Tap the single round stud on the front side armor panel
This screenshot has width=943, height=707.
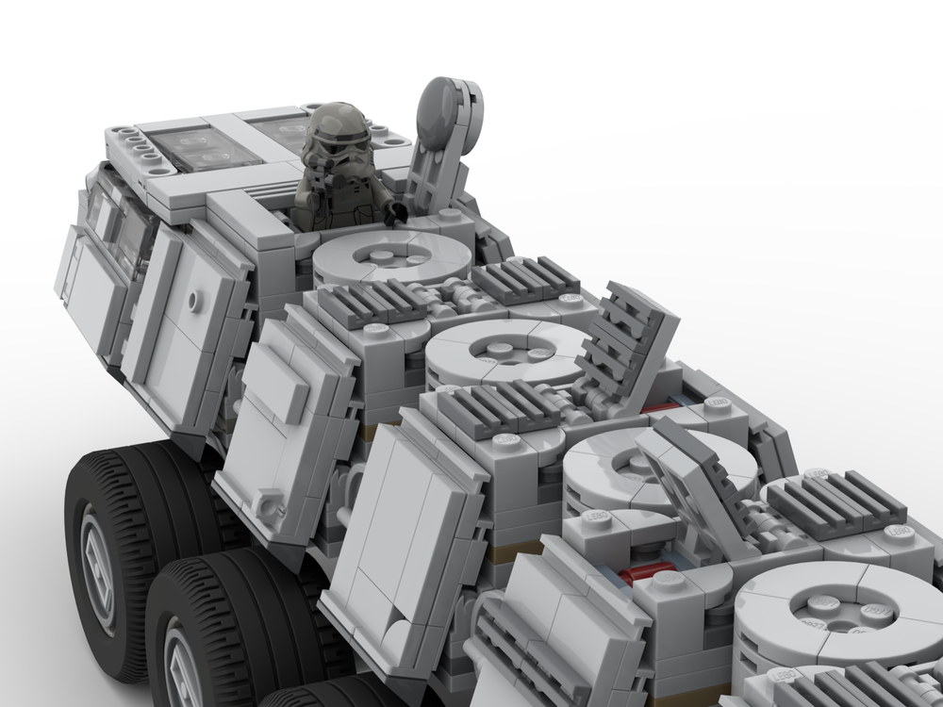click(193, 301)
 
